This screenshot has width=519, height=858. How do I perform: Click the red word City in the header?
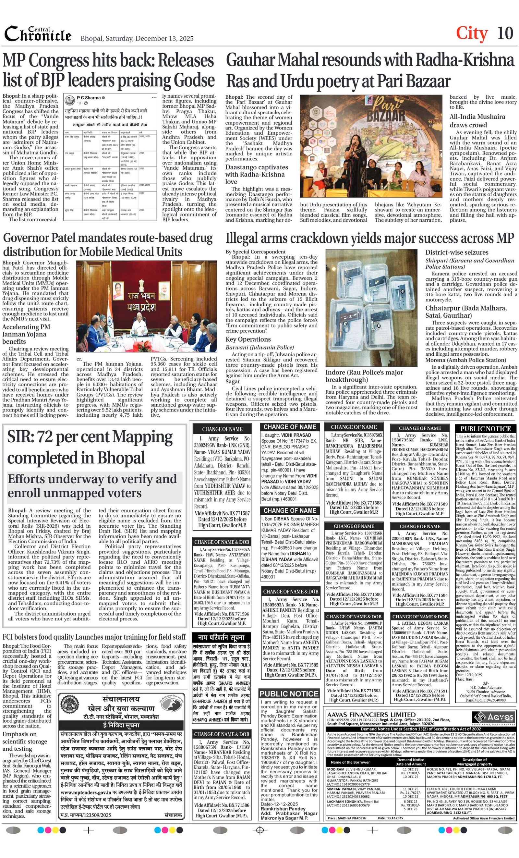(472, 33)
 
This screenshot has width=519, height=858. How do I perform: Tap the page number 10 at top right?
(505, 33)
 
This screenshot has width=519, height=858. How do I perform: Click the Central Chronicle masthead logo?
(38, 34)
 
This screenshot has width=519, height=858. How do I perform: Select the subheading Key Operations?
(248, 339)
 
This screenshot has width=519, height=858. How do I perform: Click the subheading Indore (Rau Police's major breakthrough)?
(364, 376)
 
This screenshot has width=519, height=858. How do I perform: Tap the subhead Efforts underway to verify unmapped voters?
(92, 486)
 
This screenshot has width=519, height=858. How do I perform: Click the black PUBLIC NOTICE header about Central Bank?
(486, 429)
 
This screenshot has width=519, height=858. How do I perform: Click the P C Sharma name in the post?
(89, 98)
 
